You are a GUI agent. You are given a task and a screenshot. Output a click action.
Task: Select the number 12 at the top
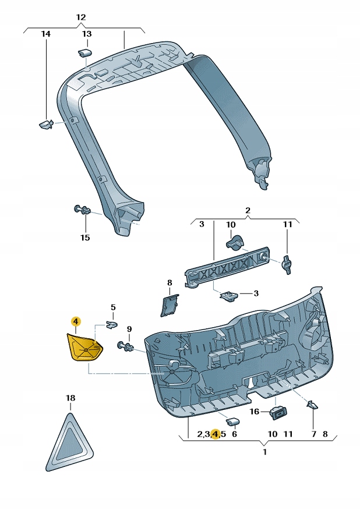[x=81, y=17]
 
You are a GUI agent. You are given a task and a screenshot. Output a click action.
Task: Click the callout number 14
[x=45, y=34]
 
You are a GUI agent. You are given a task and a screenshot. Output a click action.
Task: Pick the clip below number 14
[x=45, y=123]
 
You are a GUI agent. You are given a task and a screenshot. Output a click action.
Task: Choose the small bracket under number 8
[x=169, y=304]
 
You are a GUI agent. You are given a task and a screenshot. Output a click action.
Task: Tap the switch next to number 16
[x=278, y=413]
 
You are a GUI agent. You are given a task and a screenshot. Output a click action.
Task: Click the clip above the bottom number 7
[x=312, y=405]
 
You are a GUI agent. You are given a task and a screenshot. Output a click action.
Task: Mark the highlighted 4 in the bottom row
[x=216, y=434]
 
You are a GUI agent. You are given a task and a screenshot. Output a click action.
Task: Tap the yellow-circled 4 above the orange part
[x=75, y=321]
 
